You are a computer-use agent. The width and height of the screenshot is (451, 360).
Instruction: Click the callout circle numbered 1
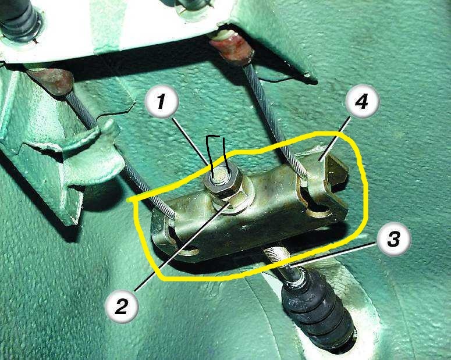[162, 102]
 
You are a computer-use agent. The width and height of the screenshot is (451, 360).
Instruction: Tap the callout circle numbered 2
[122, 306]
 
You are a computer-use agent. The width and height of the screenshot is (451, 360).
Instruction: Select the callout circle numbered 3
[394, 240]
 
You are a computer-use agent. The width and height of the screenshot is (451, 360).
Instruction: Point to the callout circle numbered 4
[363, 101]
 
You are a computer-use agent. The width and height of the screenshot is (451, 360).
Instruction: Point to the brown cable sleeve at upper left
[51, 81]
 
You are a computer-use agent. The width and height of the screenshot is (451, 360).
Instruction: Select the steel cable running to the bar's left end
[121, 152]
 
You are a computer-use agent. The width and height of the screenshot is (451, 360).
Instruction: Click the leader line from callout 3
[334, 255]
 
